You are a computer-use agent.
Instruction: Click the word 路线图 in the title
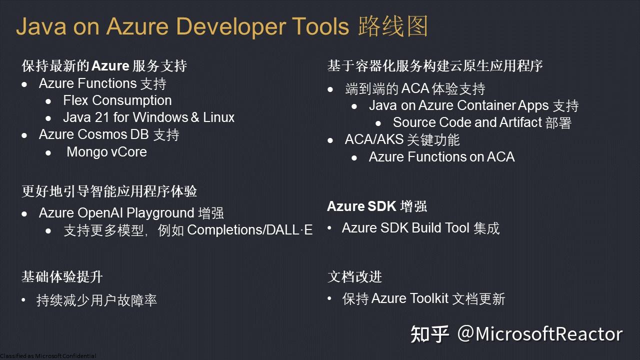(393, 26)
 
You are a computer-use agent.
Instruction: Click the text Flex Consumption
(117, 100)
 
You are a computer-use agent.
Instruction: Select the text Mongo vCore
(106, 151)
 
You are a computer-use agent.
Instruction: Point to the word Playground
(160, 213)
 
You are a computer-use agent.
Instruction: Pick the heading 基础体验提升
(62, 276)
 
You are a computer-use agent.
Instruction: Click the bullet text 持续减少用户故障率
(96, 300)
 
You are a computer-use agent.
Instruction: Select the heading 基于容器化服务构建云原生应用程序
(435, 66)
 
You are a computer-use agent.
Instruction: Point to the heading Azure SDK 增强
(376, 206)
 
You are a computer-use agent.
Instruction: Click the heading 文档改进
(354, 276)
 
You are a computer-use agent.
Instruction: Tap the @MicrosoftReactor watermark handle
(540, 334)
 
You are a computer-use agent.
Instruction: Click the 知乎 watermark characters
(429, 334)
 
